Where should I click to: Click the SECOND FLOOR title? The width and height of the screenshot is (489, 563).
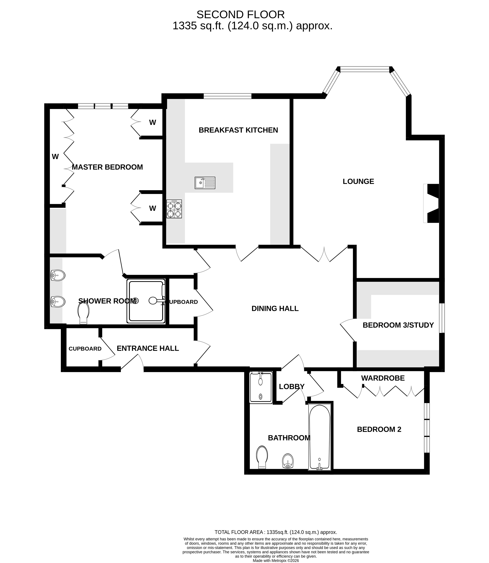[240, 14]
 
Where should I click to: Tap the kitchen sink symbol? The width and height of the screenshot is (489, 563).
[205, 183]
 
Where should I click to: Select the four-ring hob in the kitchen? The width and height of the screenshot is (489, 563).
[174, 209]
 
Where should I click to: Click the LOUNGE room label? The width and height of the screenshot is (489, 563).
[358, 181]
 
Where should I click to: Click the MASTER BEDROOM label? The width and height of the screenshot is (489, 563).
[107, 167]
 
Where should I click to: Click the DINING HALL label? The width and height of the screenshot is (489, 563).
[275, 308]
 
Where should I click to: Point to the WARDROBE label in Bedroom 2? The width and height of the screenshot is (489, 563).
[383, 378]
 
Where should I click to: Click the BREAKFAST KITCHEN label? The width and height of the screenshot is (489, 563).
[238, 130]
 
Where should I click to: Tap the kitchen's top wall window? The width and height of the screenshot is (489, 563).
[227, 96]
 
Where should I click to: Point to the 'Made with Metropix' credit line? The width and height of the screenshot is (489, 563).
[276, 561]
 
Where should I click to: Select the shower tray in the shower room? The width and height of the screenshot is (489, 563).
[146, 301]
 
